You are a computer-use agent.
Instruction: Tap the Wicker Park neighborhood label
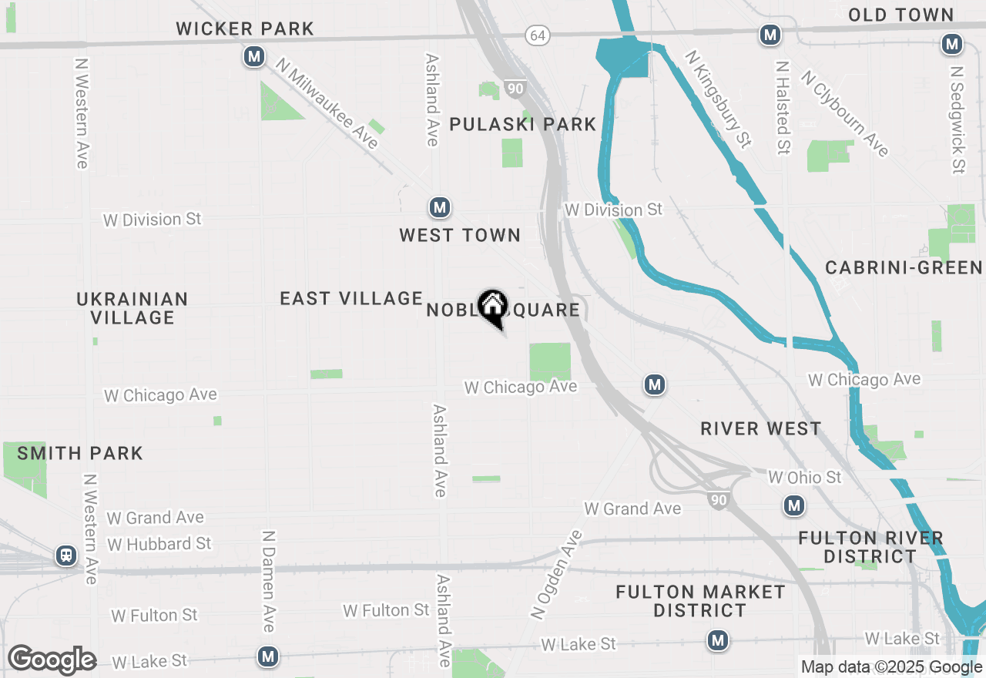pyautogui.click(x=245, y=29)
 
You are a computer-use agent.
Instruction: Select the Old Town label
pyautogui.click(x=900, y=15)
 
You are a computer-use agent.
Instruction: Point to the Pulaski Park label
pyautogui.click(x=523, y=124)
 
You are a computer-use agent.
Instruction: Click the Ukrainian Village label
pyautogui.click(x=132, y=308)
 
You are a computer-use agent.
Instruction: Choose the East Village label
pyautogui.click(x=351, y=299)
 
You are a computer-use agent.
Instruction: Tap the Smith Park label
pyautogui.click(x=80, y=453)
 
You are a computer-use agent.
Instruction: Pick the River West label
pyautogui.click(x=761, y=429)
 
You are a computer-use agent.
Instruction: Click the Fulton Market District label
pyautogui.click(x=700, y=601)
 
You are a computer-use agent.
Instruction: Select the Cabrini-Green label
pyautogui.click(x=904, y=268)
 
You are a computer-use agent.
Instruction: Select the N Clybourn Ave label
pyautogui.click(x=845, y=113)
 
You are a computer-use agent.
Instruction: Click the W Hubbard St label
pyautogui.click(x=159, y=544)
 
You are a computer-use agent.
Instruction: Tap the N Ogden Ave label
pyautogui.click(x=557, y=574)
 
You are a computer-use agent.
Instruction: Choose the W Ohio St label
pyautogui.click(x=805, y=478)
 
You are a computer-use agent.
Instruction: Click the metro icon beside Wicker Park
pyautogui.click(x=254, y=56)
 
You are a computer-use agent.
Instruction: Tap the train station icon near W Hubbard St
pyautogui.click(x=66, y=555)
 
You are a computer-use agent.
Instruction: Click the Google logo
pyautogui.click(x=52, y=660)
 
